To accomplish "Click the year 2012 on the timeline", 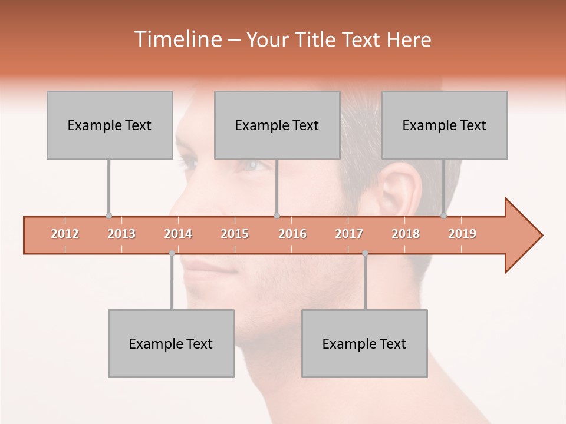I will tap(65, 234).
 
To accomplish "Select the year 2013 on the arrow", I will tap(121, 234).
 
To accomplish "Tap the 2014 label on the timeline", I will tap(178, 234).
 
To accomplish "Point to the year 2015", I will tap(235, 234).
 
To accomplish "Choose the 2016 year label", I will tap(292, 234).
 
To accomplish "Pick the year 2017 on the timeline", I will tap(349, 234).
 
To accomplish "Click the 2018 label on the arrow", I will tap(406, 234).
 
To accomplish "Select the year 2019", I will tap(462, 234).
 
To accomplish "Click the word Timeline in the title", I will tap(177, 39).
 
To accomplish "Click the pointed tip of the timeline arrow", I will tap(541, 236).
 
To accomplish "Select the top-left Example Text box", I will tap(110, 125).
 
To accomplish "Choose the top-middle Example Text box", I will tap(277, 125).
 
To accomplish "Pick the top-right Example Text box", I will tap(445, 125).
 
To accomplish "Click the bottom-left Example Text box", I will tap(171, 343).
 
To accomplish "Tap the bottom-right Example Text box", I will tap(364, 343).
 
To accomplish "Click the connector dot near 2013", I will tap(108, 216).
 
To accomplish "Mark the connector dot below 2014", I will tap(172, 253).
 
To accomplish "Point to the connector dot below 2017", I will tap(365, 253).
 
